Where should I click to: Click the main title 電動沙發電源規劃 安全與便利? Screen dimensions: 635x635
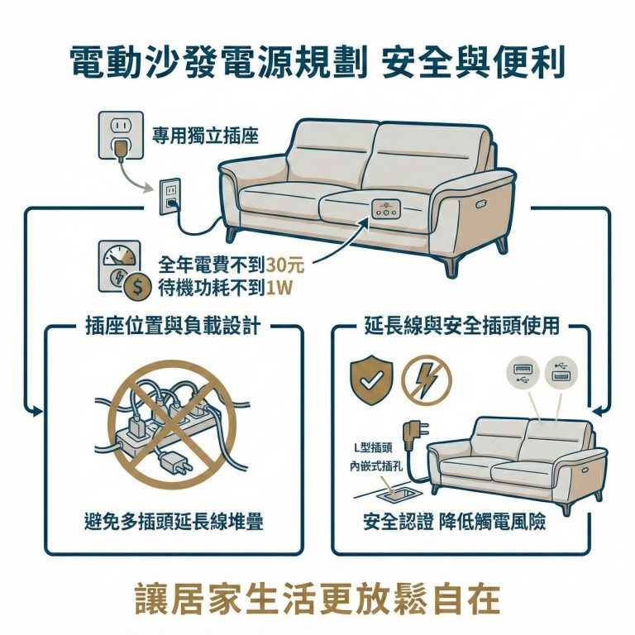[317, 62]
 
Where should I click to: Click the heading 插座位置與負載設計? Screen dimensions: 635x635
[173, 327]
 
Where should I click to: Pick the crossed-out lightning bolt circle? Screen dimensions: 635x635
[426, 379]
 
